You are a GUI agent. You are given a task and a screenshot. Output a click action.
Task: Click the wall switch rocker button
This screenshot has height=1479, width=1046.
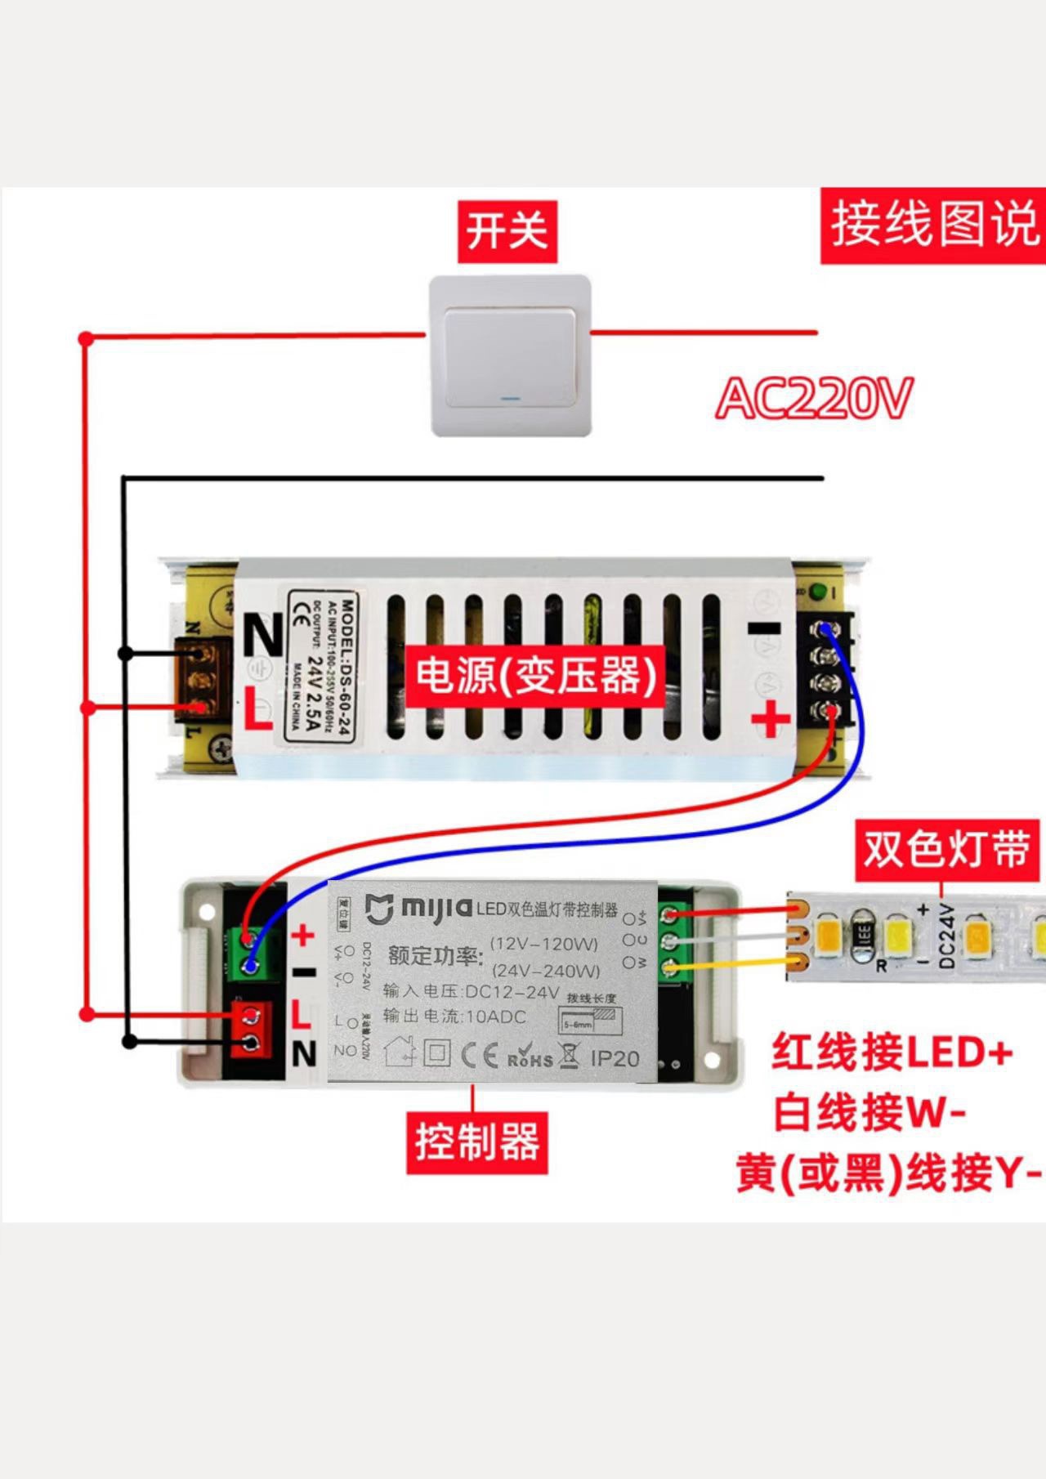[x=509, y=355]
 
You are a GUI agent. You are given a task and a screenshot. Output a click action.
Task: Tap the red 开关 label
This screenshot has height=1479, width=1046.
[x=507, y=231]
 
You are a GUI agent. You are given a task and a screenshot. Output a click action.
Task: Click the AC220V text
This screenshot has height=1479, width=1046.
[x=814, y=399]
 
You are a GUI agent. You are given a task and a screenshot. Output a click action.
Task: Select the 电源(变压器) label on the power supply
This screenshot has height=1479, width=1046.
[x=536, y=676]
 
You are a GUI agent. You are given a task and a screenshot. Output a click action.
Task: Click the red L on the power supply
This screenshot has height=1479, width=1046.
[x=258, y=709]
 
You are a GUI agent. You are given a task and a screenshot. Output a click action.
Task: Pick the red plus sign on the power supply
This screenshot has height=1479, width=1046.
[x=770, y=720]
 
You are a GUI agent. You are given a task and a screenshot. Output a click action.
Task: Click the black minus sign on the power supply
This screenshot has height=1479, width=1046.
[x=765, y=628]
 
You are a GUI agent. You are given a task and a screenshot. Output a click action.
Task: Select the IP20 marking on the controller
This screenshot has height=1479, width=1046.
[x=615, y=1058]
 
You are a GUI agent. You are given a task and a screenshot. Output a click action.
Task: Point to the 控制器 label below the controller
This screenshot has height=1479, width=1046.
[x=477, y=1142]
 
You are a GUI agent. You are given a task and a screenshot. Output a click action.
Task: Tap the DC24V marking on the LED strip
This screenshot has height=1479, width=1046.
[x=947, y=936]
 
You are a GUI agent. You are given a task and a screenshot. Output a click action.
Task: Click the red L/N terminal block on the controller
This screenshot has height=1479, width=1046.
[x=252, y=1029]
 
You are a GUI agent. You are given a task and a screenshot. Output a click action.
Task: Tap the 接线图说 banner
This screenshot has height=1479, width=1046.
[x=933, y=225]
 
